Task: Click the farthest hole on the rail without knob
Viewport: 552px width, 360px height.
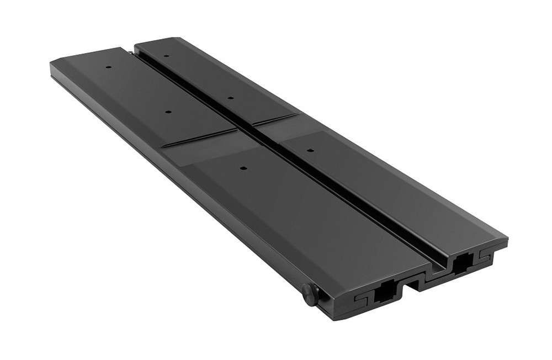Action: tap(166, 55)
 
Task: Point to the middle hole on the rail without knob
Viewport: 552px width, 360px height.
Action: tap(230, 98)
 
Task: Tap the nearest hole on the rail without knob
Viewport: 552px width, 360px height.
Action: tap(310, 149)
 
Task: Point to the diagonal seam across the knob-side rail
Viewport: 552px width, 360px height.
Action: tap(201, 136)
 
